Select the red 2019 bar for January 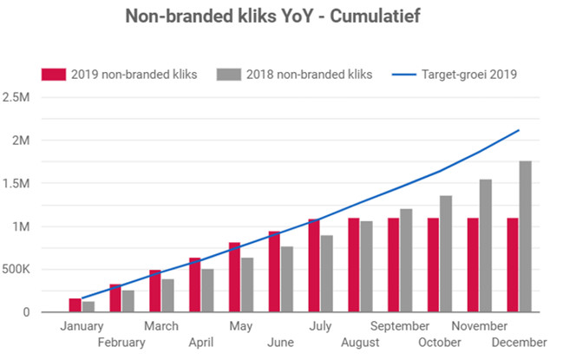point(75,305)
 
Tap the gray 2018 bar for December point(525,236)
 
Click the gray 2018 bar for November point(485,245)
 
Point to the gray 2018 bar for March point(167,295)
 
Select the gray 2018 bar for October point(445,253)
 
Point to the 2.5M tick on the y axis point(17,96)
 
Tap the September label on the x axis point(400,326)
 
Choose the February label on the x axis point(122,343)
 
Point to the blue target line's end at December point(519,130)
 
